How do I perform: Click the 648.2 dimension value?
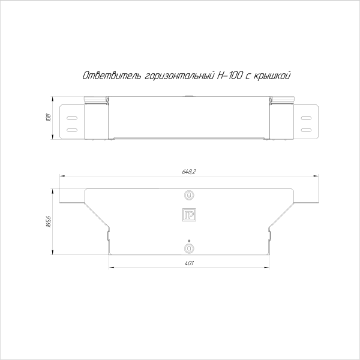click(189, 172)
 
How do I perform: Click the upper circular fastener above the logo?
click(189, 195)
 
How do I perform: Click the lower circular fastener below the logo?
click(189, 247)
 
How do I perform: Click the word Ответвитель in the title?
click(112, 76)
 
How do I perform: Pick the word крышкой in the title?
click(272, 76)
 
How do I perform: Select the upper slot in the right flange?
click(306, 118)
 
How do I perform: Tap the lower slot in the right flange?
click(306, 129)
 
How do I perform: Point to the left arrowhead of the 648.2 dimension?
click(59, 176)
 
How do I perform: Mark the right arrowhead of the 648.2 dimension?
click(317, 176)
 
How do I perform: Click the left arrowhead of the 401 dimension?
click(110, 268)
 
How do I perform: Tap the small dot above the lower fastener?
click(189, 240)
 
